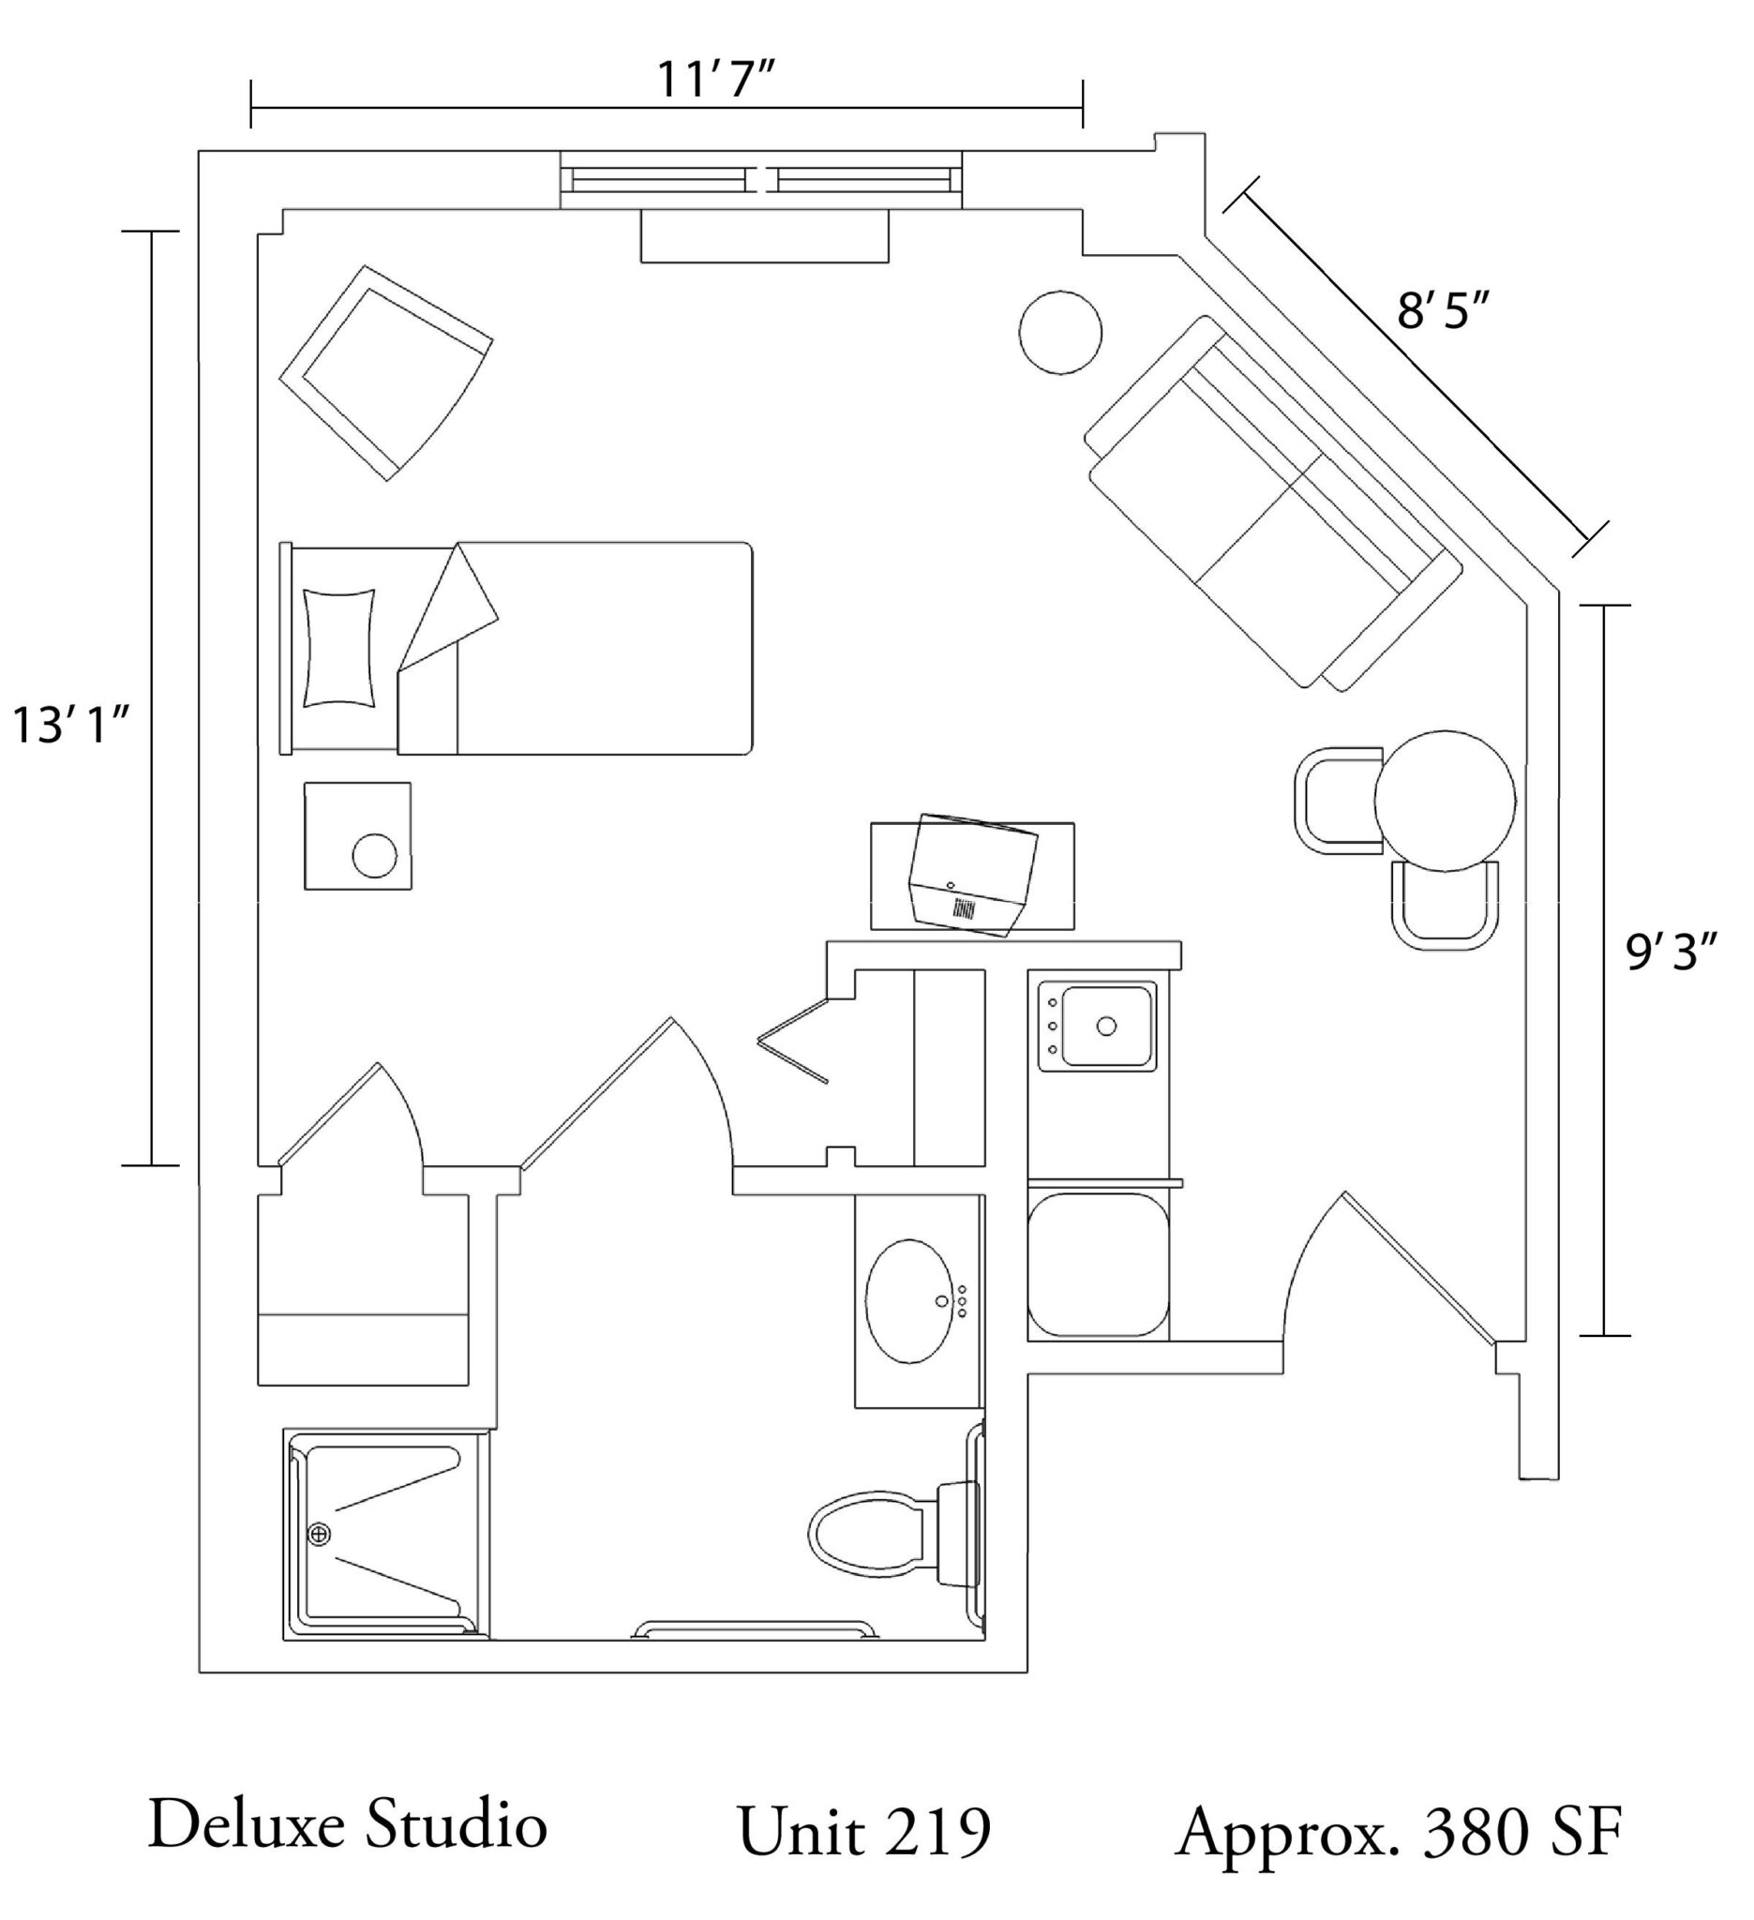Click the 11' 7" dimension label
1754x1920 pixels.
713,80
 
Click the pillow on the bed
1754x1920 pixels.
338,648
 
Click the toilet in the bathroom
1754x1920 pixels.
894,1534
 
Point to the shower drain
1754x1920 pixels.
319,1535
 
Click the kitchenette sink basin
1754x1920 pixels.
1105,1026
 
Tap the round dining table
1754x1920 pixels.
1445,800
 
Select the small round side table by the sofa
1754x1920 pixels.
1060,333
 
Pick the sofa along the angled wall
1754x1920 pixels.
1274,502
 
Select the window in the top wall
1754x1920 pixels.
761,179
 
